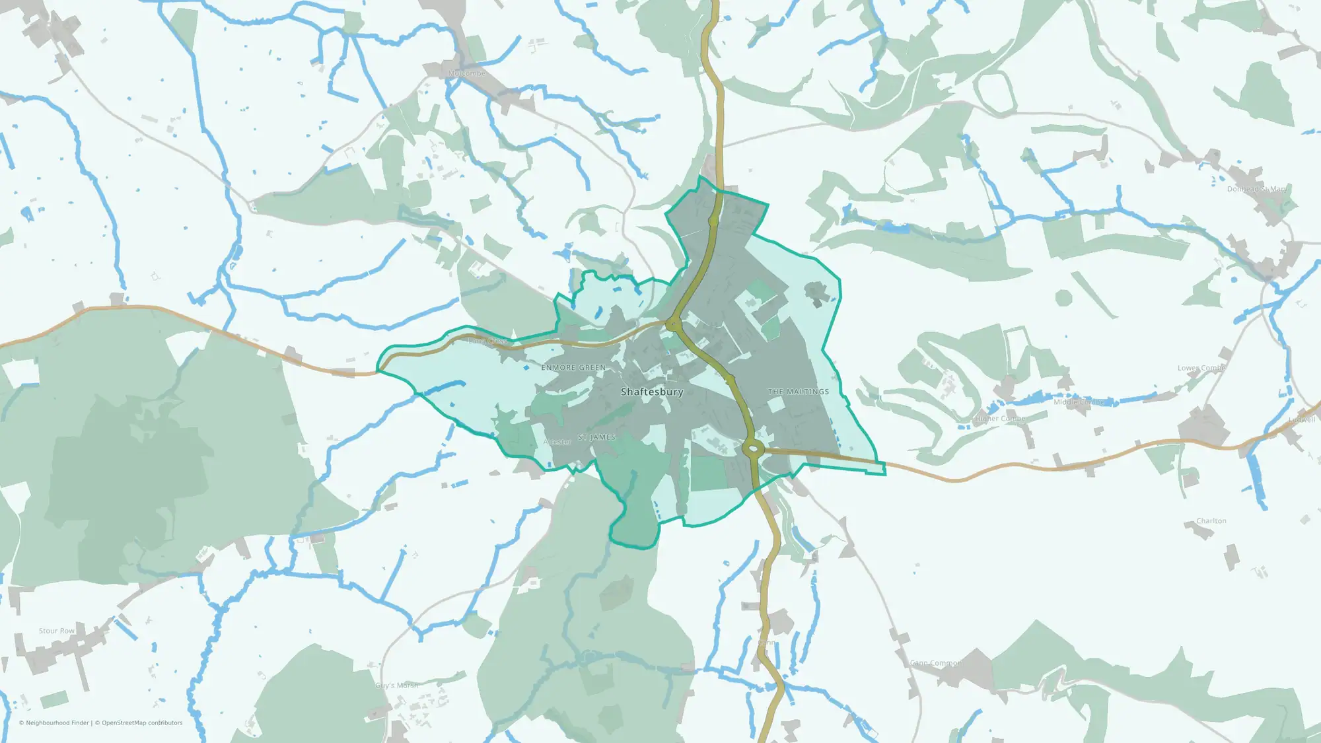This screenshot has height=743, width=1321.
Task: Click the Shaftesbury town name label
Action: coord(652,392)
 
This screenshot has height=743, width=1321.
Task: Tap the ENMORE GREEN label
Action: coord(573,367)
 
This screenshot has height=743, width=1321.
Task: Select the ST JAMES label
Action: coord(596,437)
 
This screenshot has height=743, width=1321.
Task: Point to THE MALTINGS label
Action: coord(798,392)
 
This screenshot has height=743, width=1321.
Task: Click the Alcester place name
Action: coord(557,442)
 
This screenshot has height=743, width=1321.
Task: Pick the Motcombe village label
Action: coord(467,73)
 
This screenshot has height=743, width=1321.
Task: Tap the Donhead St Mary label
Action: coord(1256,189)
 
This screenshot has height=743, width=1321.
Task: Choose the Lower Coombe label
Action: coord(1201,368)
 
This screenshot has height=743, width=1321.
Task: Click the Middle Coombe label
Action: coord(1079,402)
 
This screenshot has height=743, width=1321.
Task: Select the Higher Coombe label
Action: coord(1000,419)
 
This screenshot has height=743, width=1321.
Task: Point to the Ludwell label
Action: coord(1302,419)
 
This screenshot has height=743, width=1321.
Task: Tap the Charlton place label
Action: coord(1211,521)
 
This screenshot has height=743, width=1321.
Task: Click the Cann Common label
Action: coord(936,662)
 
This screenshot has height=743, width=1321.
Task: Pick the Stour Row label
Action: coord(57,631)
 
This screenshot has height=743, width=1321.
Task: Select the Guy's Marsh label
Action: coord(397,686)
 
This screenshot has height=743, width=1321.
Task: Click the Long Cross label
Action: coord(487,341)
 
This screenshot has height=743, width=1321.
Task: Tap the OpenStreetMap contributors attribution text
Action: coord(141,723)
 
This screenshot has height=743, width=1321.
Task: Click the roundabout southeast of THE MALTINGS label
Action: coord(753,449)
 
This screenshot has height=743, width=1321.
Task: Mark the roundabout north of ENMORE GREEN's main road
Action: coord(673,324)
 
